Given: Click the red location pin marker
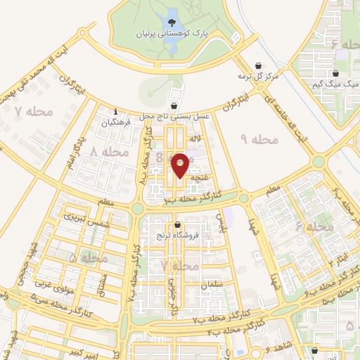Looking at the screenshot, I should (181, 165).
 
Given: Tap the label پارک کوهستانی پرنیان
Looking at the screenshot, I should (172, 33).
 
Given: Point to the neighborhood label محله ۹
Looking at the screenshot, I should (259, 140).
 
